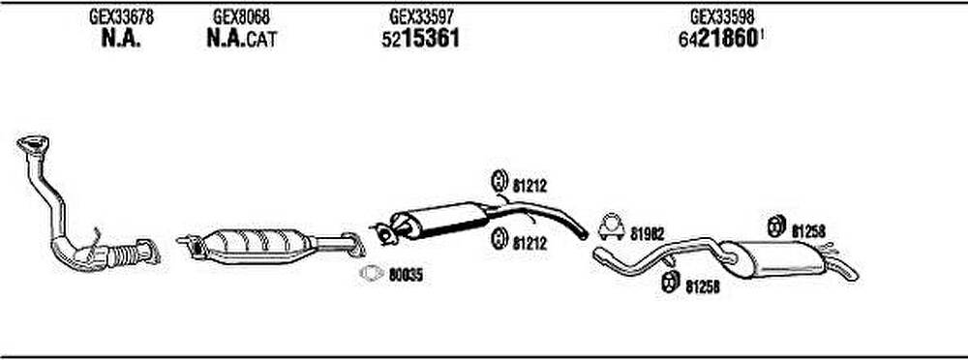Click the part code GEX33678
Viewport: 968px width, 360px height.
122,16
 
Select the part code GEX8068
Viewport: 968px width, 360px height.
241,16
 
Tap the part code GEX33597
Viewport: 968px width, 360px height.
422,15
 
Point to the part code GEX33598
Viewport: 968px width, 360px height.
722,15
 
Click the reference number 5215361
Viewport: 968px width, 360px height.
420,40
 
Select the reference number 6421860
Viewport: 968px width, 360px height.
718,40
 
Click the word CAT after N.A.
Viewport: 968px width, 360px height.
261,41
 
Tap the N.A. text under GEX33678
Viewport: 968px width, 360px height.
120,40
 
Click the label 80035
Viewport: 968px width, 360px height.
406,276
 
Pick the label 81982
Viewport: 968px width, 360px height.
648,233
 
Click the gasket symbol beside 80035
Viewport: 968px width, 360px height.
372,273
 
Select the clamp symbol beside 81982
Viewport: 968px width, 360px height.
611,227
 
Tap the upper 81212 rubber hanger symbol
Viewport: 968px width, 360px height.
499,181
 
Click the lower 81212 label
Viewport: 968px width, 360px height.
529,244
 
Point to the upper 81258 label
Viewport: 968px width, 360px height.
808,231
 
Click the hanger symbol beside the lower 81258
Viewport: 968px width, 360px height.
669,283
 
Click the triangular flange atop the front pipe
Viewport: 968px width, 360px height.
33,144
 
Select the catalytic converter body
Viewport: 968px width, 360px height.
252,246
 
